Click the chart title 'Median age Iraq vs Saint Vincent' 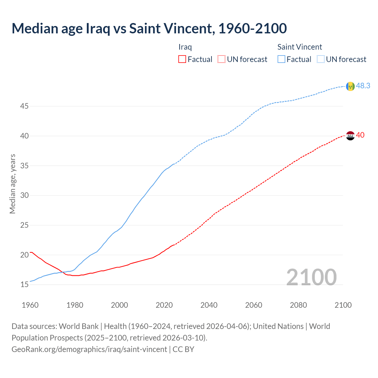pos(149,29)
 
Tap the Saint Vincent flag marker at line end pos(350,86)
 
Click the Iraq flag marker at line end pos(350,136)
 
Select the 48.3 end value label pos(363,86)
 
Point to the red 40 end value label pos(360,135)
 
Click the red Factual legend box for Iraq pos(182,59)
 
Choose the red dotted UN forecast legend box pos(221,59)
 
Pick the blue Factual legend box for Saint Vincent pos(281,59)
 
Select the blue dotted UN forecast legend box pos(320,59)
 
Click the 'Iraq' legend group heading pos(185,47)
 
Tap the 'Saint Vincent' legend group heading pos(299,47)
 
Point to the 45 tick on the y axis pos(24,106)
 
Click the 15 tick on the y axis pos(24,285)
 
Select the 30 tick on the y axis pos(24,195)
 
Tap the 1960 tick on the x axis pos(30,305)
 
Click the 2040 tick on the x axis pos(209,305)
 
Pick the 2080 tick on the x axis pos(298,305)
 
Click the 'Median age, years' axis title pos(12,184)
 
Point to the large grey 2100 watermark pos(311,277)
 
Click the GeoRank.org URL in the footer pos(89,349)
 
